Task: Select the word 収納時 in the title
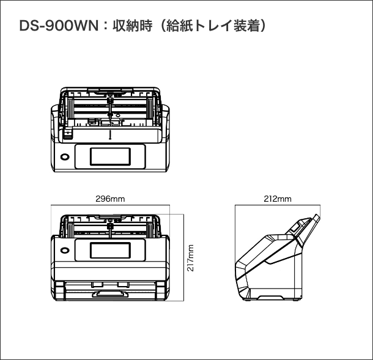[131, 28]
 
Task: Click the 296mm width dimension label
[111, 199]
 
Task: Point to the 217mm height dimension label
[191, 258]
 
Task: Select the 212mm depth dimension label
[278, 199]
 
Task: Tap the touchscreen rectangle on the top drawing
[111, 156]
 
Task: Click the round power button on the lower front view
[64, 249]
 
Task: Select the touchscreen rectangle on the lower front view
[111, 249]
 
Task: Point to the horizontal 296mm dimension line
[111, 206]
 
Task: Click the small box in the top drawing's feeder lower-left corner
[68, 131]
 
